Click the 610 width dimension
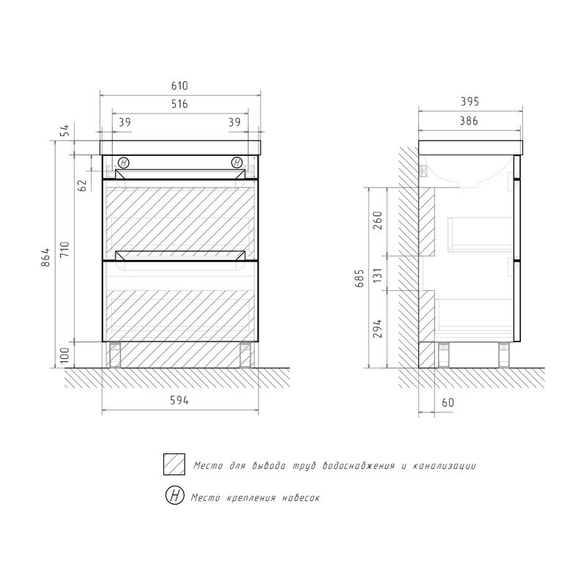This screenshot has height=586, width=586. [180, 86]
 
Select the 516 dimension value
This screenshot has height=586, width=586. [180, 105]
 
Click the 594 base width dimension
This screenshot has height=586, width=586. [180, 400]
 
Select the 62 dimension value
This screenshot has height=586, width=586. [83, 185]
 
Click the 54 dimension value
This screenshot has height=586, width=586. [64, 130]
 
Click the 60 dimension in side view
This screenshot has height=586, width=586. [448, 402]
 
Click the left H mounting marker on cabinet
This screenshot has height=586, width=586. [123, 163]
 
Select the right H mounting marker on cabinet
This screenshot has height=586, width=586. [237, 163]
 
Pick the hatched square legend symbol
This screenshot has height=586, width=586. [175, 464]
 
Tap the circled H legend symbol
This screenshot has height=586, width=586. [175, 497]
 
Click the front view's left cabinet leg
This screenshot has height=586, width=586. [115, 355]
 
